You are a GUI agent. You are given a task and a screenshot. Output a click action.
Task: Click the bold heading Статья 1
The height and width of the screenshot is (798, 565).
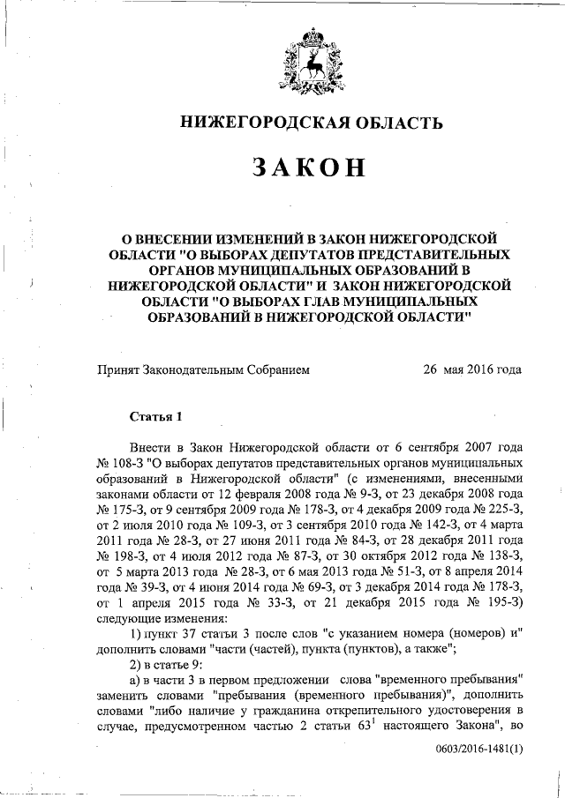coord(155,415)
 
